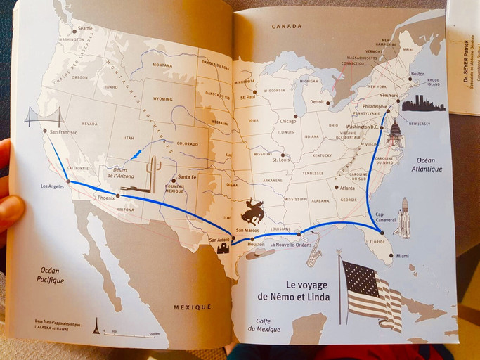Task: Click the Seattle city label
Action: [84, 29]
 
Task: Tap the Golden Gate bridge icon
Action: [44, 116]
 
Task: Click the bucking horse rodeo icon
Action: [253, 210]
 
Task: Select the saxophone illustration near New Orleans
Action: [314, 250]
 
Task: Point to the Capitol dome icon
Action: [395, 133]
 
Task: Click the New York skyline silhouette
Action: [424, 104]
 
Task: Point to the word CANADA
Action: [286, 26]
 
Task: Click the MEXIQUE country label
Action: [192, 307]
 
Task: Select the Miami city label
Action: [402, 256]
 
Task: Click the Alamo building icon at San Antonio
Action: [223, 247]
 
